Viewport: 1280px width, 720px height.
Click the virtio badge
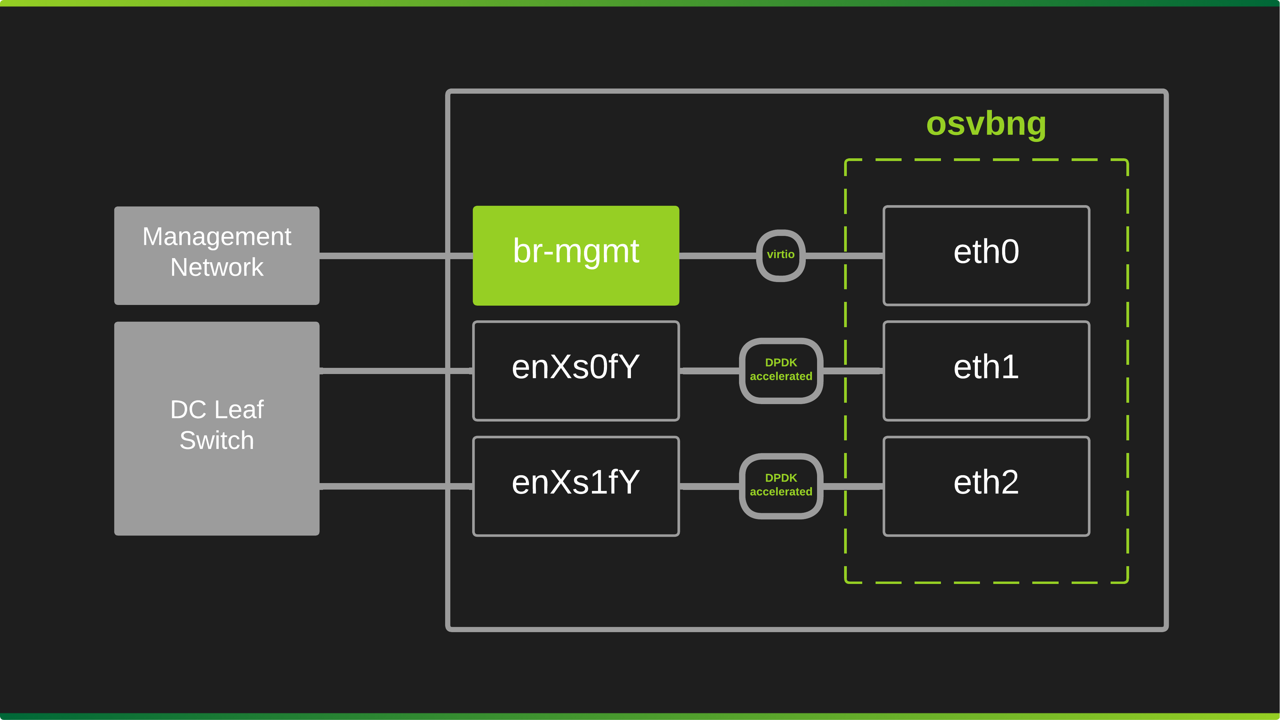click(x=780, y=255)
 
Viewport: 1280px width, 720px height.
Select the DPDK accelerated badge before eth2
click(x=780, y=485)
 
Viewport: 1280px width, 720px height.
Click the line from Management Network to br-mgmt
click(x=383, y=256)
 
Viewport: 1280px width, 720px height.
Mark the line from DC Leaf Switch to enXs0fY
click(x=383, y=371)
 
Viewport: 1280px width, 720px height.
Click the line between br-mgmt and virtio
click(x=717, y=256)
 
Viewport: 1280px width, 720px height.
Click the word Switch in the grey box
click(x=216, y=440)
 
